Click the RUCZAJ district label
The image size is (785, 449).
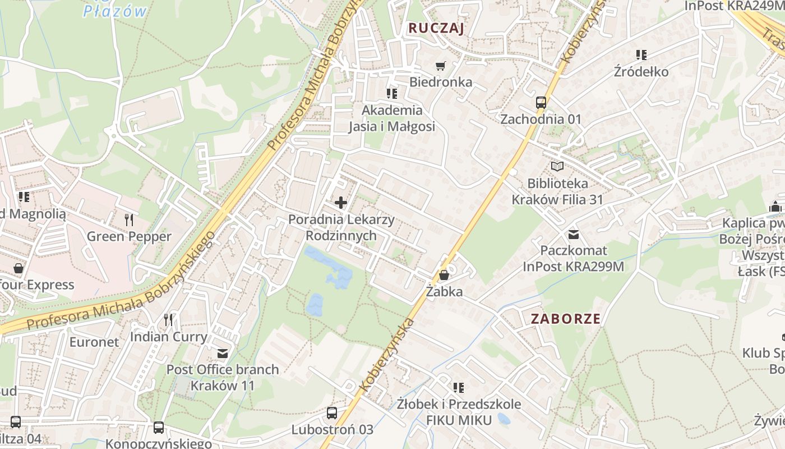pyautogui.click(x=436, y=28)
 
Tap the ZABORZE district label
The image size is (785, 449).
pyautogui.click(x=566, y=319)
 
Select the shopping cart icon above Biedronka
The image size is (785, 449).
pyautogui.click(x=441, y=66)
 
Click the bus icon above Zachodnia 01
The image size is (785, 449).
pyautogui.click(x=541, y=103)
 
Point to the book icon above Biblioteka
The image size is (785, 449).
pyautogui.click(x=557, y=166)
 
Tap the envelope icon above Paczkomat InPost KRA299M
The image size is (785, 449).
pyautogui.click(x=574, y=233)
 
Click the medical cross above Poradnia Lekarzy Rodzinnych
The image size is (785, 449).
pyautogui.click(x=340, y=202)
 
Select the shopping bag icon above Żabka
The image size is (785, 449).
pyautogui.click(x=444, y=275)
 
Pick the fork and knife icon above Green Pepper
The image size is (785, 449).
pyautogui.click(x=129, y=219)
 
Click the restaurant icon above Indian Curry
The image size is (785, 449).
pyautogui.click(x=168, y=320)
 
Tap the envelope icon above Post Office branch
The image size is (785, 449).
pyautogui.click(x=223, y=353)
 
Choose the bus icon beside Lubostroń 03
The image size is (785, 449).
pyautogui.click(x=332, y=413)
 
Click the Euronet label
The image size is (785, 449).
pyautogui.click(x=94, y=342)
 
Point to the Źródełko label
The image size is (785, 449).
pyautogui.click(x=641, y=72)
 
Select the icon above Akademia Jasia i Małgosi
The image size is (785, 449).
pyautogui.click(x=392, y=93)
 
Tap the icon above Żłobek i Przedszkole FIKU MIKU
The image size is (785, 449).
pyautogui.click(x=459, y=387)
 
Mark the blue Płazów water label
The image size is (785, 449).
pyautogui.click(x=115, y=11)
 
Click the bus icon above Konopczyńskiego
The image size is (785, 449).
pyautogui.click(x=159, y=428)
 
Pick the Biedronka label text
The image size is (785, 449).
pyautogui.click(x=441, y=82)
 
